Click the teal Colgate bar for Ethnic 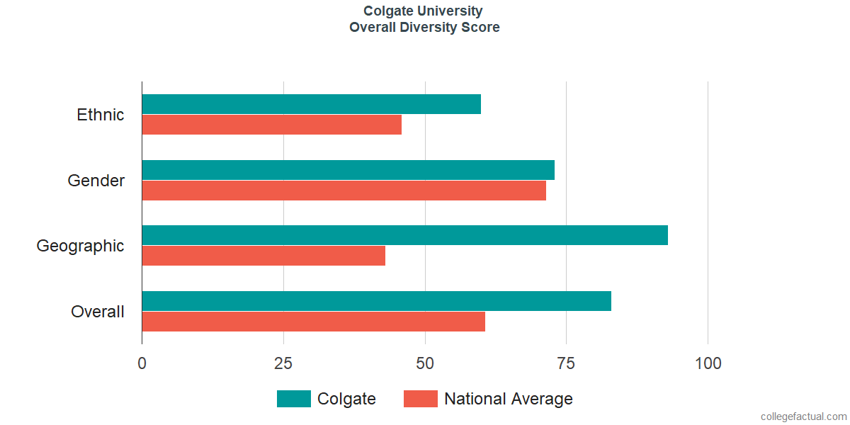pos(312,104)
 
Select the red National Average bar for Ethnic pos(272,125)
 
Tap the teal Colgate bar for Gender pos(348,170)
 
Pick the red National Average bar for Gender pos(344,191)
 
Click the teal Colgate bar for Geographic pos(405,235)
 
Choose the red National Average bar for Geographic pos(263,256)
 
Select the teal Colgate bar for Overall pos(377,301)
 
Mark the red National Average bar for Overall pos(313,322)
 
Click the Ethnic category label pos(100,115)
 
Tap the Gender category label pos(96,181)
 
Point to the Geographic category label pos(80,246)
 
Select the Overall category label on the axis pos(98,312)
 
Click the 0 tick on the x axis pos(142,363)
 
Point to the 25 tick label pos(283,363)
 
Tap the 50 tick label pos(424,363)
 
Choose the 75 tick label pos(566,363)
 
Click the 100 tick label pos(708,363)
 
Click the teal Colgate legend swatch pos(294,399)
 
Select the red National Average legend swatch pos(421,399)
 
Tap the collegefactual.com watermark pos(804,416)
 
